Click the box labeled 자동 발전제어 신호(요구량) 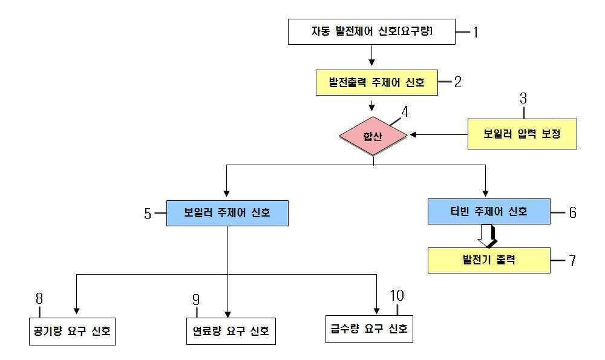371,31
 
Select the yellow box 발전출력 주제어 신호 376,82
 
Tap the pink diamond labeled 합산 373,136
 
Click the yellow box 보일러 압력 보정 522,134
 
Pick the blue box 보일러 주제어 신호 227,213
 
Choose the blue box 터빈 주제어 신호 489,211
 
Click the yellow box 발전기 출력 489,260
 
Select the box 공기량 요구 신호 72,332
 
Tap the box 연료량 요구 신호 231,331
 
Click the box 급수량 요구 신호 369,329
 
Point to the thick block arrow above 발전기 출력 488,236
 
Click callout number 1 476,32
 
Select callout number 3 523,99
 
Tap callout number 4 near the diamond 405,112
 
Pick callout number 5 148,214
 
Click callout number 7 572,261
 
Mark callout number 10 397,295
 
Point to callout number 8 39,299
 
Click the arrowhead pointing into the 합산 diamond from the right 413,135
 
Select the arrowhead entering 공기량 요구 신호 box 76,311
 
